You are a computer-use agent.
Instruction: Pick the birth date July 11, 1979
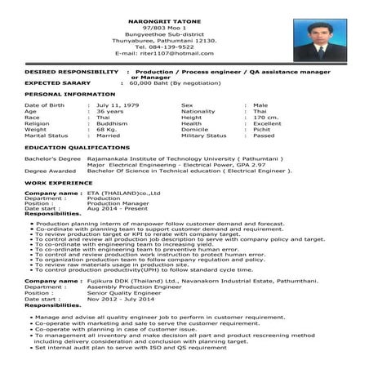(122, 105)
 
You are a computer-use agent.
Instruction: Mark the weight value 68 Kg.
(107, 128)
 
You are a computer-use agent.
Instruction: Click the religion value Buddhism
(112, 122)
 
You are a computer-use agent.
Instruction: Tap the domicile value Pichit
(263, 128)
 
